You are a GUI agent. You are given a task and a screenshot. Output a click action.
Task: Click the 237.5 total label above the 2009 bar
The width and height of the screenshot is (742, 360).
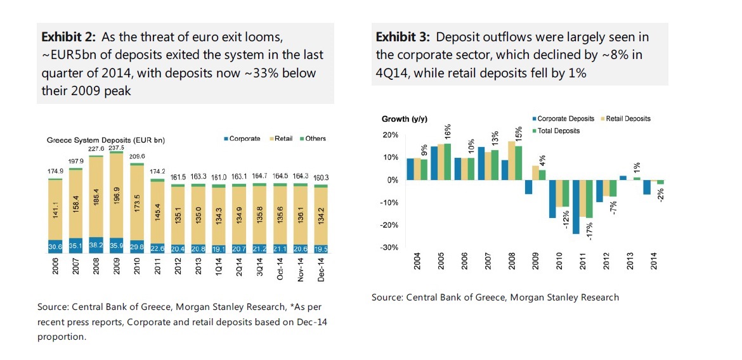pos(116,148)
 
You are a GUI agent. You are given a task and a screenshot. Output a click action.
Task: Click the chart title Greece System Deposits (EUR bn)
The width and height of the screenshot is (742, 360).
pos(105,139)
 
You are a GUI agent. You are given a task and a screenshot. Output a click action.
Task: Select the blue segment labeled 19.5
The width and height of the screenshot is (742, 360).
pos(321,249)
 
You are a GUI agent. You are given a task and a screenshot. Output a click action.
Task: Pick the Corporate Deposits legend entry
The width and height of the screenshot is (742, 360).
pos(563,119)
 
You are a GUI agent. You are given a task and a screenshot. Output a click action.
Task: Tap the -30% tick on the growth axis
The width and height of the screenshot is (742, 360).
pos(389,247)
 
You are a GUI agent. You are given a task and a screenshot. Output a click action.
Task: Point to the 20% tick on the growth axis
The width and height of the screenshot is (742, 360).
pos(389,135)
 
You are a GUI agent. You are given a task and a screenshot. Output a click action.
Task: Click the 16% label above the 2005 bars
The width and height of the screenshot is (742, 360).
pos(448,132)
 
